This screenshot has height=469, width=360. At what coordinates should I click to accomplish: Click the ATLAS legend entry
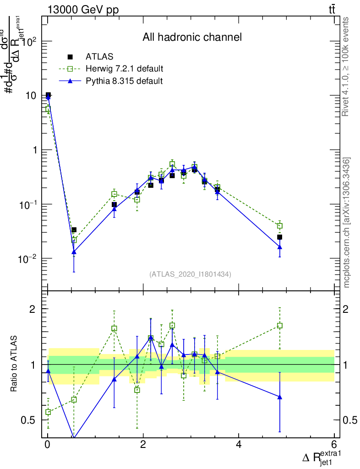point(99,57)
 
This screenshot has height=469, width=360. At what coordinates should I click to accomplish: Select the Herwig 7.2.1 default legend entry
point(124,69)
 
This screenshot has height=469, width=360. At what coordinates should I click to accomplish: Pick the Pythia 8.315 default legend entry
point(124,81)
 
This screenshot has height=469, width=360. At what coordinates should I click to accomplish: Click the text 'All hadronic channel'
point(191,37)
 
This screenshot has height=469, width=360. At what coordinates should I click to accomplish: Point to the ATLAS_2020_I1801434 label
point(190,274)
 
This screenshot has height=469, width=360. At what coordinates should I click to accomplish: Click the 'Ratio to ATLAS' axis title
point(14,364)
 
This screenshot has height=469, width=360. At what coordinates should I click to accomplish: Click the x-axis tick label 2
point(143,444)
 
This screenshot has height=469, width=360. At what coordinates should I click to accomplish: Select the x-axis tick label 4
point(239,444)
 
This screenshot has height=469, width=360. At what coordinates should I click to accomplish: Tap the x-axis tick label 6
point(334,444)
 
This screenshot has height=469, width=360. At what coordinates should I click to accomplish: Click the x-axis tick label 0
point(48,444)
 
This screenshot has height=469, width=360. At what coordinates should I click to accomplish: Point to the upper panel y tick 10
point(31,96)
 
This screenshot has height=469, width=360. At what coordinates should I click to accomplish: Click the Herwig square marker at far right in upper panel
point(279,226)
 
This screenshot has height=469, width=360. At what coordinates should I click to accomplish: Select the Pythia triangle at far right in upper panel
point(279,247)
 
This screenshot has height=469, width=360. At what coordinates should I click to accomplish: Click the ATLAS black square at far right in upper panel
point(279,237)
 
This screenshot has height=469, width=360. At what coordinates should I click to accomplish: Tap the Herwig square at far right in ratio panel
point(279,326)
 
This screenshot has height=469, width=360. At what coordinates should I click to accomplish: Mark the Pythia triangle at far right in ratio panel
point(279,397)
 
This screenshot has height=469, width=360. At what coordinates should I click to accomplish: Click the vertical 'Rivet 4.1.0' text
point(345,66)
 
